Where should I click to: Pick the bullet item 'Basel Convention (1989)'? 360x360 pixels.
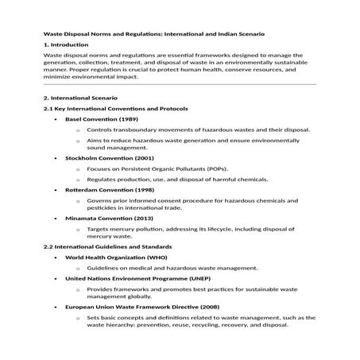point(101,118)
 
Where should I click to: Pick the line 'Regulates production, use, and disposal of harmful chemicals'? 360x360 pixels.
point(182,180)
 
